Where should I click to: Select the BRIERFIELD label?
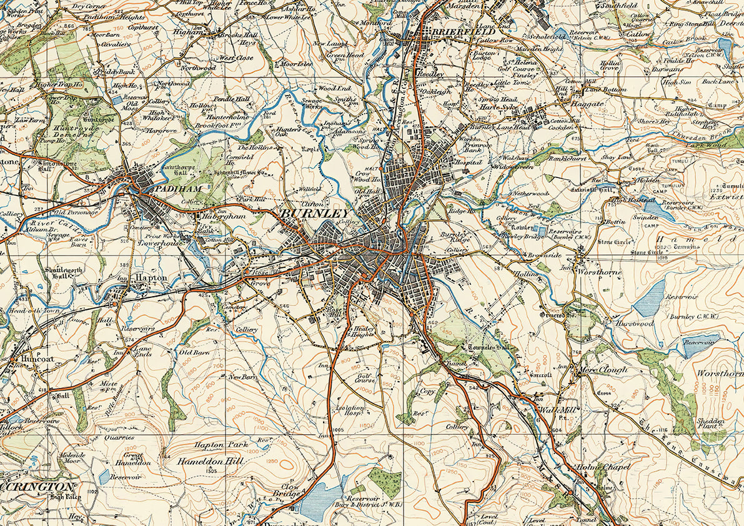coord(453,31)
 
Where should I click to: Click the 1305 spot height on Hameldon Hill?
coord(211,471)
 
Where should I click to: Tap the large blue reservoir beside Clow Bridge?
coord(320,499)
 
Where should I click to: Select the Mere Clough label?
coord(598,369)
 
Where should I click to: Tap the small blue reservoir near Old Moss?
coord(117,99)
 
